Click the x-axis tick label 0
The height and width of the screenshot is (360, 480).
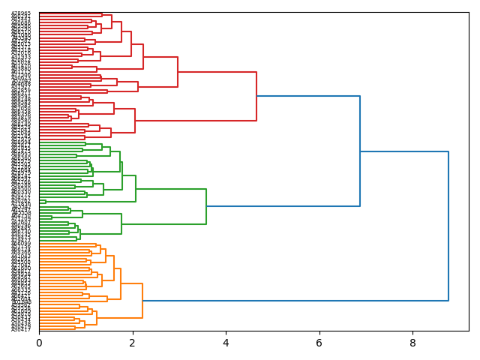point(39,343)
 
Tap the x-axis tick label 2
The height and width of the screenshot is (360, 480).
point(133,343)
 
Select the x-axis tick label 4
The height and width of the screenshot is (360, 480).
point(226,343)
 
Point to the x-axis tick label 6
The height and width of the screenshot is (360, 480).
point(319,343)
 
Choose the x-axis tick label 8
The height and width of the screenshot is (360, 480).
point(412,343)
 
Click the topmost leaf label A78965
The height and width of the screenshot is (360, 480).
point(21,13)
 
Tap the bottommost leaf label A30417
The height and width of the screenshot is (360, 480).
point(21,329)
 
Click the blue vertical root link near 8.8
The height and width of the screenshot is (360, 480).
point(448,226)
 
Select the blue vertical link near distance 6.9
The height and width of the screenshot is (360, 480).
point(360,151)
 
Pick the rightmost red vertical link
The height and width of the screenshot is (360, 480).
point(256,96)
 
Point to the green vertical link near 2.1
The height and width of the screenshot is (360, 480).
point(136,188)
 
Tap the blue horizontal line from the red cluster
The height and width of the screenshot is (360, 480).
point(308,96)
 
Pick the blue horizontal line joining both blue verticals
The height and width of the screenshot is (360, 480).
point(404,151)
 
